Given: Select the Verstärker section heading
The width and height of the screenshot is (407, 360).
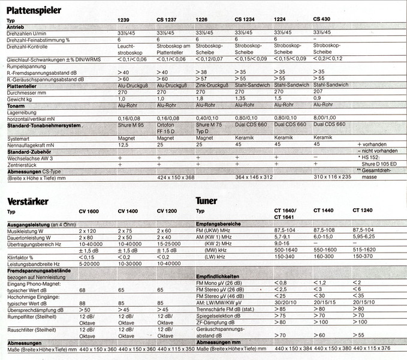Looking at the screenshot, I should pyautogui.click(x=28, y=201).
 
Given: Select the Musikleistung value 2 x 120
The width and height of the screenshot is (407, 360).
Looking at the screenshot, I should pyautogui.click(x=88, y=230).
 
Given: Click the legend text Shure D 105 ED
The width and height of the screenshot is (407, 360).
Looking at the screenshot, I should pyautogui.click(x=390, y=165).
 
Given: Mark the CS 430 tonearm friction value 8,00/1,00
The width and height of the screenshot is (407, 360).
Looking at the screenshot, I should pyautogui.click(x=329, y=118).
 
